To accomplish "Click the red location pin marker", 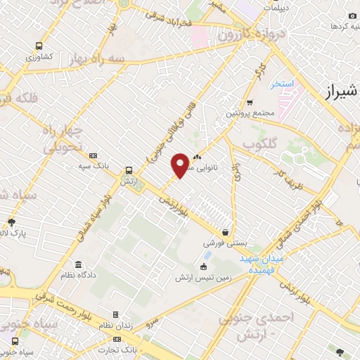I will [181, 165].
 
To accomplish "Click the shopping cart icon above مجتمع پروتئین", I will [249, 101].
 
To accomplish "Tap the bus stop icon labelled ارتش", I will [128, 171].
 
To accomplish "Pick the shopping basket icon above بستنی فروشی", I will [225, 232].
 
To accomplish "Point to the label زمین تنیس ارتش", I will [204, 278].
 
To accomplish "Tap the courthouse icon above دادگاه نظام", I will [78, 264].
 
